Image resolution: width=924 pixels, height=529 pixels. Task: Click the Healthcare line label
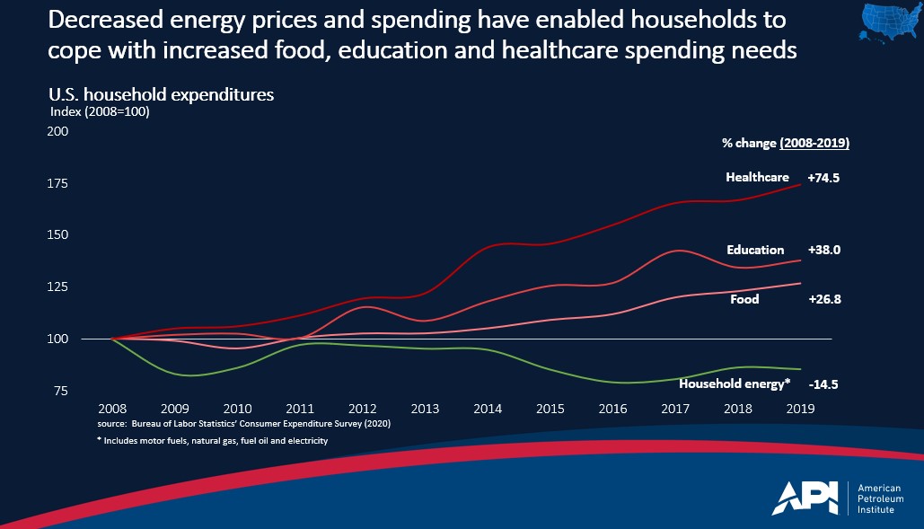[x=757, y=178]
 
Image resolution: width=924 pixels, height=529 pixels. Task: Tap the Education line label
[x=755, y=251]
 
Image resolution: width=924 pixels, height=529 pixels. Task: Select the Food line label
[x=744, y=299]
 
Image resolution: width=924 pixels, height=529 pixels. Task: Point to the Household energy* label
[x=735, y=384]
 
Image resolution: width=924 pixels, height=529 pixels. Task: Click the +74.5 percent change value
[x=823, y=178]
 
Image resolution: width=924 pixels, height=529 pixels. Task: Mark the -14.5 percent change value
[x=824, y=384]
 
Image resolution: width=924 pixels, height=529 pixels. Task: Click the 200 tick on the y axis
[x=57, y=131]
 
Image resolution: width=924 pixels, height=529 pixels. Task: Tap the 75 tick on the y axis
[x=61, y=391]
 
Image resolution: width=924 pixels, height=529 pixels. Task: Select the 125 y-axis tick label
[x=57, y=287]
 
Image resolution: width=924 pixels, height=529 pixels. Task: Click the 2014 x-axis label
[x=488, y=409]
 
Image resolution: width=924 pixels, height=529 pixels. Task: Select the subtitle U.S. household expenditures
[x=161, y=94]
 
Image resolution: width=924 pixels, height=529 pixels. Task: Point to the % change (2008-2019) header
[x=786, y=143]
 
